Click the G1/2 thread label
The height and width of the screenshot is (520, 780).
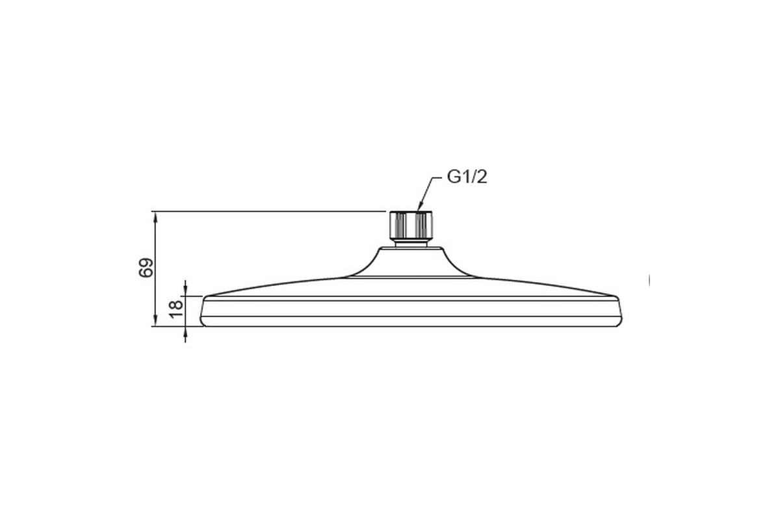pos(467,177)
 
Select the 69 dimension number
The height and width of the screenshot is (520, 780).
pos(146,268)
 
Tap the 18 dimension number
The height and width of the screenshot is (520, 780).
pos(176,309)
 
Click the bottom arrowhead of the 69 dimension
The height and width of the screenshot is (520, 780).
pos(155,319)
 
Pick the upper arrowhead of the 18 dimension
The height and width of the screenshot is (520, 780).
pos(185,289)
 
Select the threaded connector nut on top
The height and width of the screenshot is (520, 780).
pos(411,225)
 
